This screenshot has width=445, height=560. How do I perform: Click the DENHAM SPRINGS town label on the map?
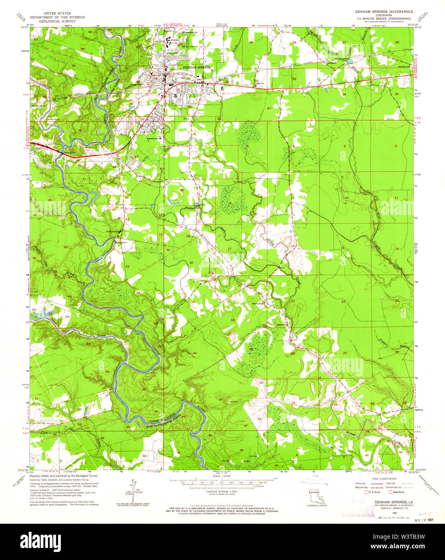[197, 67]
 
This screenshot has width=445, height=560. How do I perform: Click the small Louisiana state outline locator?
[316, 498]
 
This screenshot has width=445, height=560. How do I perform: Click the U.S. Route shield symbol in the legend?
[366, 492]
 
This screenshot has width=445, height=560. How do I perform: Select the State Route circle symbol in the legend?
[390, 492]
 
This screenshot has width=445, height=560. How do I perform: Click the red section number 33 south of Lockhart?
[294, 79]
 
